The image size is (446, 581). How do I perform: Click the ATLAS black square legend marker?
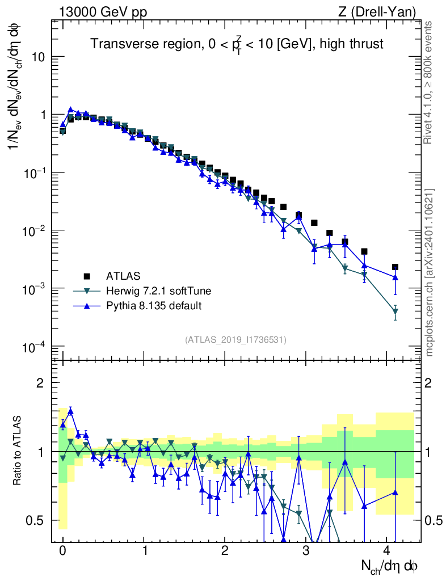(87, 276)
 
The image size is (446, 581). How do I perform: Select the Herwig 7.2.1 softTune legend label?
(158, 291)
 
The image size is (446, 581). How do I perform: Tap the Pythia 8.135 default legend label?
(154, 306)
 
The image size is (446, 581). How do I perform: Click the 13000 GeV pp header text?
(103, 12)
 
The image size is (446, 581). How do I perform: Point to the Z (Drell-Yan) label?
(377, 12)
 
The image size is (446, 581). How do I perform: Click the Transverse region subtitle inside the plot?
(237, 44)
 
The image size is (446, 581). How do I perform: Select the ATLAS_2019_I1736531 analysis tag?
(235, 339)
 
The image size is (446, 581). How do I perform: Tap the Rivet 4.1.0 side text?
(428, 83)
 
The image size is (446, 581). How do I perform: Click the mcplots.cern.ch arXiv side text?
(428, 272)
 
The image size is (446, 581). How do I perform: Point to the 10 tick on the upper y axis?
(37, 57)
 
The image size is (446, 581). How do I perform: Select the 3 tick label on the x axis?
(306, 550)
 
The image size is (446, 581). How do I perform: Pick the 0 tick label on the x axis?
(62, 550)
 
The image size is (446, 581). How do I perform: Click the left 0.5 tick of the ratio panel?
(35, 520)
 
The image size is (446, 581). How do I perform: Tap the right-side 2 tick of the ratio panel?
(428, 383)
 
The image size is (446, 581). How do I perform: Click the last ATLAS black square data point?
(395, 267)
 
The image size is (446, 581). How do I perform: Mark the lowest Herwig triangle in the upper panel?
(395, 311)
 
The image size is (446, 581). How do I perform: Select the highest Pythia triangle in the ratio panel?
(70, 411)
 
